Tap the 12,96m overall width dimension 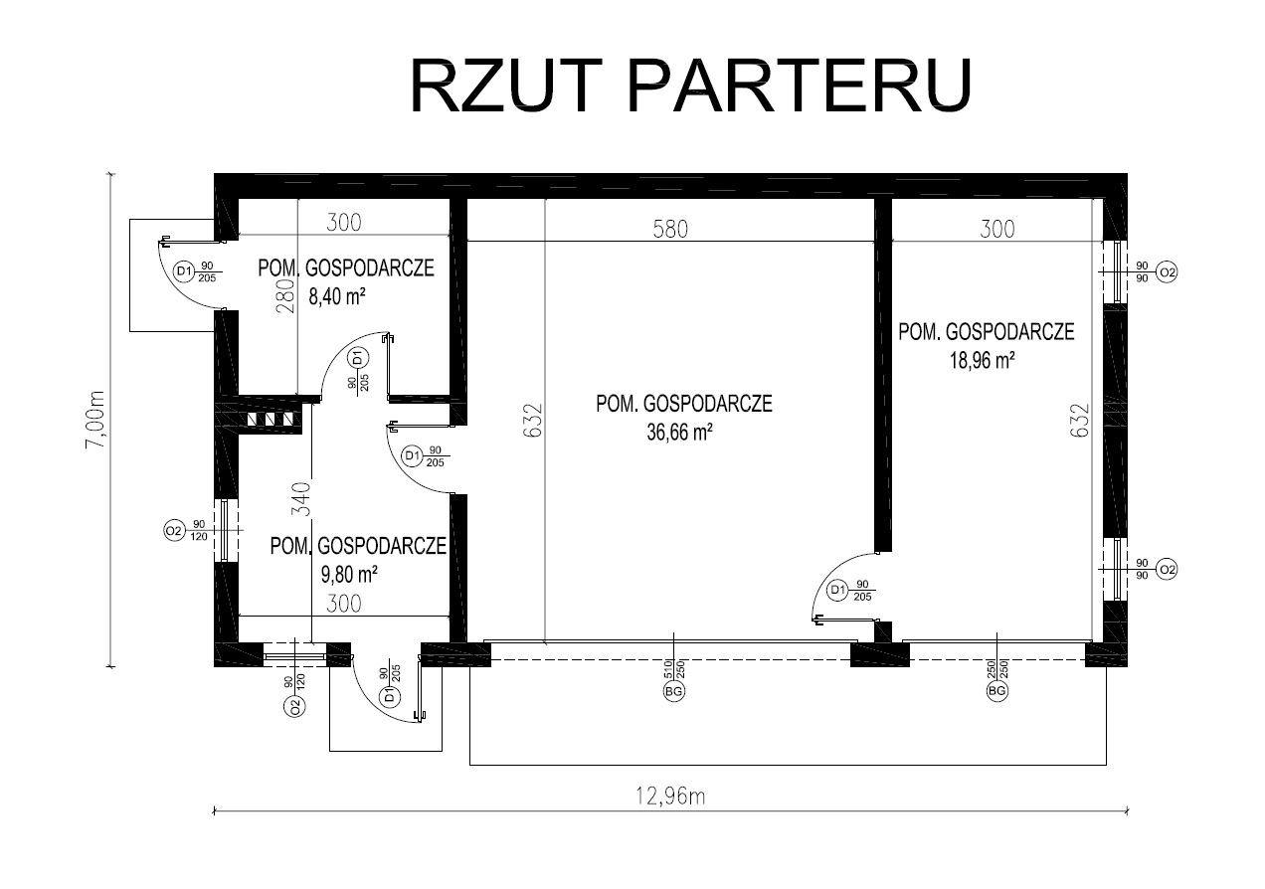[672, 796]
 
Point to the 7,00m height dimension [96, 418]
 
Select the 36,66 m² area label [681, 433]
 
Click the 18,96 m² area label [982, 361]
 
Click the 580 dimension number [670, 228]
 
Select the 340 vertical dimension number [302, 497]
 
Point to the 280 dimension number [283, 296]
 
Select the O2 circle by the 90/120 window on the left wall [173, 531]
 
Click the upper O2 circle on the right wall [1168, 271]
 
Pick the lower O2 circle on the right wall [1168, 569]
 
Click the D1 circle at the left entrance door [183, 271]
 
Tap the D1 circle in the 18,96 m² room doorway [838, 591]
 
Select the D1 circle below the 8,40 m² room [359, 357]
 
